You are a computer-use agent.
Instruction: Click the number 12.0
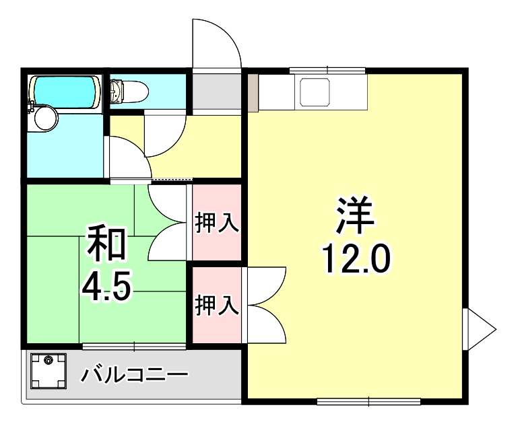click(356, 258)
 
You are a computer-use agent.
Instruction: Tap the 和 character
click(106, 245)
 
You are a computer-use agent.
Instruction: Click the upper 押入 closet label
click(217, 223)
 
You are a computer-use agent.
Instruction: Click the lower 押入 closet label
click(217, 306)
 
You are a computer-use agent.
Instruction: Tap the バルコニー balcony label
click(134, 374)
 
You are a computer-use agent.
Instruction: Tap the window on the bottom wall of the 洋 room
click(368, 402)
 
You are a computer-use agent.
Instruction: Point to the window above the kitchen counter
click(327, 70)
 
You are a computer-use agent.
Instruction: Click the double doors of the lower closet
click(267, 306)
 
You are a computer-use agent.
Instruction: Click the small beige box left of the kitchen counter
click(253, 92)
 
